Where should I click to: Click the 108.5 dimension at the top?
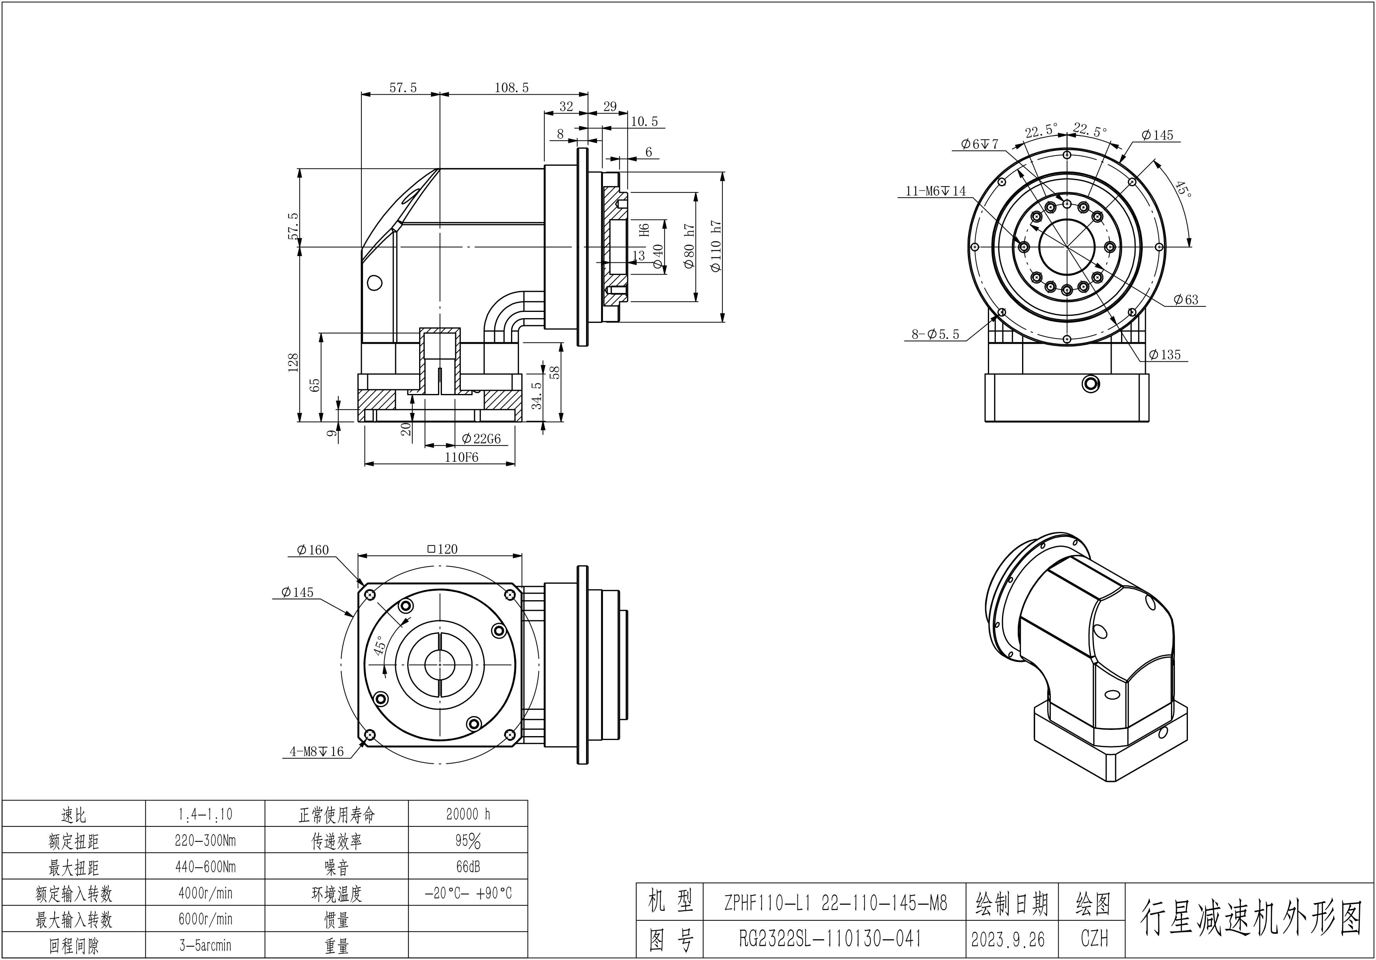pyautogui.click(x=511, y=88)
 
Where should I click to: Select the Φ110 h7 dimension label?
pyautogui.click(x=716, y=246)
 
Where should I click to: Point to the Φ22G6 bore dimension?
pyautogui.click(x=481, y=439)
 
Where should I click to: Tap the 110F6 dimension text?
pyautogui.click(x=462, y=457)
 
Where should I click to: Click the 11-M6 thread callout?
pyautogui.click(x=936, y=191)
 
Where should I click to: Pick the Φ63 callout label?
pyautogui.click(x=1186, y=300)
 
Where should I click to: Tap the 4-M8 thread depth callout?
pyautogui.click(x=317, y=751)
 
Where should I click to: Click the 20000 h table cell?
pyautogui.click(x=468, y=814)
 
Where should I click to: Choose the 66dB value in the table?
pyautogui.click(x=468, y=867)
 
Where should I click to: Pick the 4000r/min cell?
pyautogui.click(x=205, y=893)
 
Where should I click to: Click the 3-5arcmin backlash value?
pyautogui.click(x=205, y=945)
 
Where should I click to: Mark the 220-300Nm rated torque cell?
pyautogui.click(x=205, y=840)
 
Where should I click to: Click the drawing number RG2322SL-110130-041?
pyautogui.click(x=830, y=938)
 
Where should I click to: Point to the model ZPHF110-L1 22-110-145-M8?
pyautogui.click(x=836, y=903)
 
